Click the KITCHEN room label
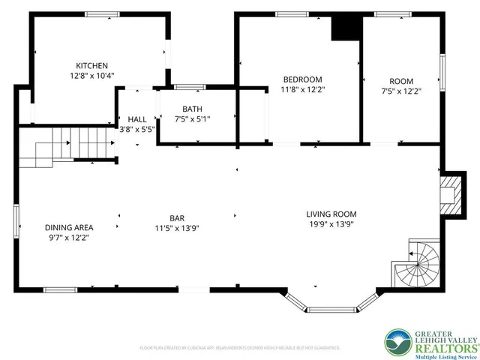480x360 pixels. click(x=92, y=65)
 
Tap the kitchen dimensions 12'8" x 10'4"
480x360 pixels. click(x=92, y=76)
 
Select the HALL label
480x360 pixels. click(x=137, y=119)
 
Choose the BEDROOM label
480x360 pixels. click(x=302, y=79)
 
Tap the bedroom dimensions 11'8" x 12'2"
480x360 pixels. click(x=302, y=89)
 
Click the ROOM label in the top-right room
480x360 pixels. click(x=401, y=81)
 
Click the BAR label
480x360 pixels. click(x=177, y=218)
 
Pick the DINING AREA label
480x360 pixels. click(x=68, y=227)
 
